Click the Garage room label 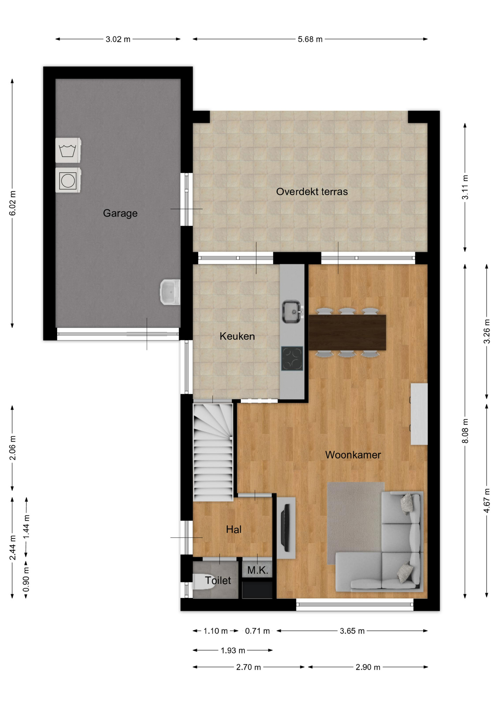[120, 213]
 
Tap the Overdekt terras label [312, 192]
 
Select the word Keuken [237, 336]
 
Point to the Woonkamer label [353, 455]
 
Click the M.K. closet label [258, 570]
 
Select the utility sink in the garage [170, 292]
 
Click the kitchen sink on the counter [292, 312]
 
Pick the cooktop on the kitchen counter [292, 359]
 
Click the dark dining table [347, 332]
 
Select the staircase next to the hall [213, 452]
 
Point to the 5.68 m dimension [310, 39]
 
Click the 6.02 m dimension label [12, 203]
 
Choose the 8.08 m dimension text [465, 431]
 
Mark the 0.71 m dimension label [258, 631]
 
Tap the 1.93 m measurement [233, 650]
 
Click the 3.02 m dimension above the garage [118, 39]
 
